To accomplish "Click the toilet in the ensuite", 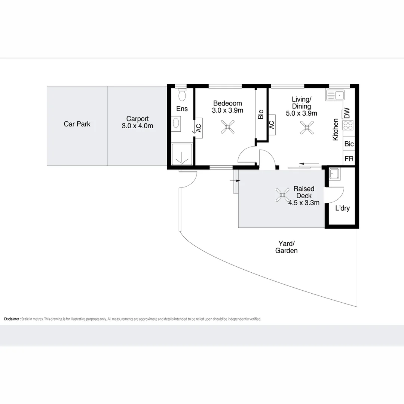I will [x=182, y=95].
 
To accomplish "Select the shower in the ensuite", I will [x=182, y=154].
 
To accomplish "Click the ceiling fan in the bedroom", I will [x=227, y=127].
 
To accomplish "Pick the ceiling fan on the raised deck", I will [x=282, y=195].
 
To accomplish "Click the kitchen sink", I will [x=335, y=95].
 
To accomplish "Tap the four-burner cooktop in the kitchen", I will [x=348, y=125].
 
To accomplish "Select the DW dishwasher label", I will [x=347, y=113].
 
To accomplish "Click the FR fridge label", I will [x=349, y=159].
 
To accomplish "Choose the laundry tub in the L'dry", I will [x=334, y=174].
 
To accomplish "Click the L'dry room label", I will [x=342, y=208].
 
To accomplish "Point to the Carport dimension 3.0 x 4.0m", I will [x=137, y=126].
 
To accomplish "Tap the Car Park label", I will [x=77, y=124].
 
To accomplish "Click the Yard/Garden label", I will [x=287, y=247].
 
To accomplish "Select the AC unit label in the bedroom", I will [x=199, y=128].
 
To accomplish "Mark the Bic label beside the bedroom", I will [x=261, y=114].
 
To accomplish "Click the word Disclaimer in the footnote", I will [x=11, y=319].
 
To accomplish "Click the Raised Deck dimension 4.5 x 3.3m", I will [x=304, y=203].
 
